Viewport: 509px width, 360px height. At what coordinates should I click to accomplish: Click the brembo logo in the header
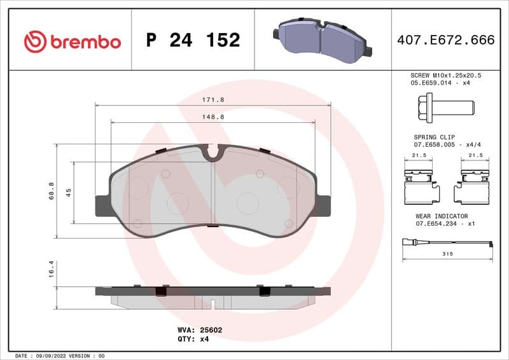[72, 41]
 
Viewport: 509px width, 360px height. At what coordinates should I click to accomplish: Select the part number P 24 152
[193, 41]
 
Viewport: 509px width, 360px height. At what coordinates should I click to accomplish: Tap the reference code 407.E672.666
[445, 41]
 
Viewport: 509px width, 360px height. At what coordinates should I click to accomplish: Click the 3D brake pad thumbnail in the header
[323, 40]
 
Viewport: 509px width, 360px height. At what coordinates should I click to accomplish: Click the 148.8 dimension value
[213, 117]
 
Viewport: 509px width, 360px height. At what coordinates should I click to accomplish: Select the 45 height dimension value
[69, 192]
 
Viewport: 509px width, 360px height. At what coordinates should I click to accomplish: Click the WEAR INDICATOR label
[441, 216]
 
